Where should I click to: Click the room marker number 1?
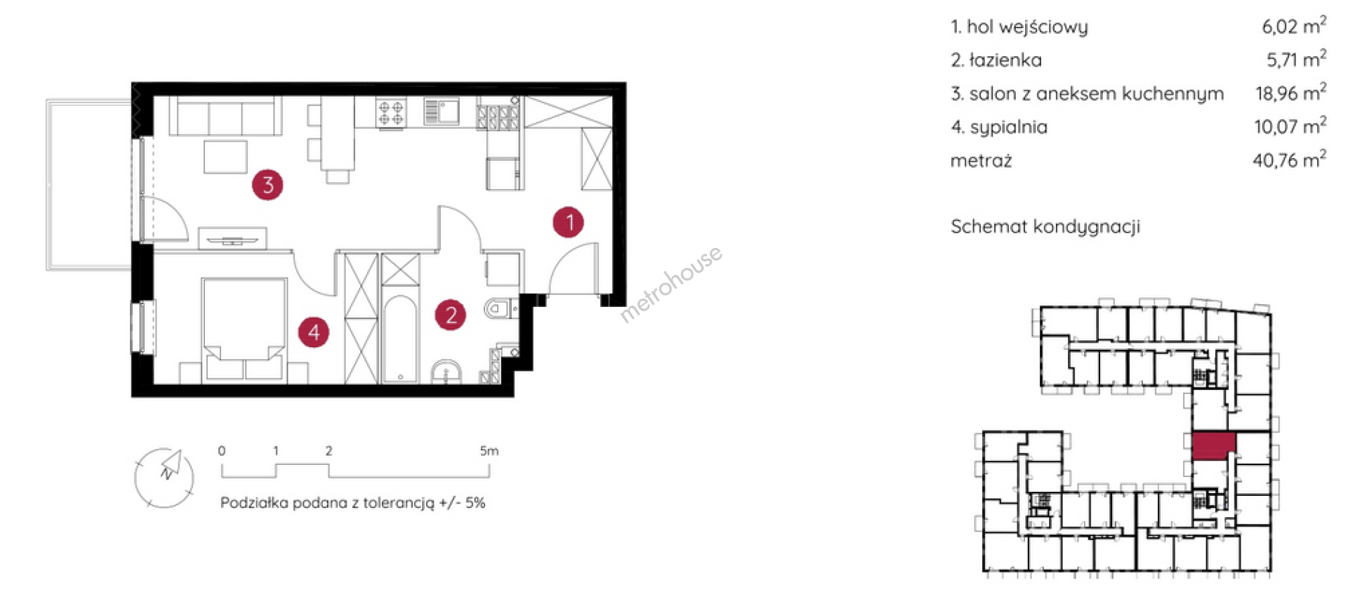point(568,222)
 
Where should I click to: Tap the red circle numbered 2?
point(450,315)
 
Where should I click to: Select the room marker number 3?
point(267,185)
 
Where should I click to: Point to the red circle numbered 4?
point(314,332)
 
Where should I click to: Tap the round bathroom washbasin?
point(446,372)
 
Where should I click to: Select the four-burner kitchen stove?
point(390,113)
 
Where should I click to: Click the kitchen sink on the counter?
point(442,112)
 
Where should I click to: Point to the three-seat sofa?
point(225,115)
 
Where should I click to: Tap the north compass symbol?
point(164,478)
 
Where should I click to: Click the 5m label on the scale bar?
point(489,451)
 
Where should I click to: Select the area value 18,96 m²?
point(1290,93)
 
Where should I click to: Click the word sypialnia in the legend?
point(1008,127)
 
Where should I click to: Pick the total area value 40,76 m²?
point(1289,159)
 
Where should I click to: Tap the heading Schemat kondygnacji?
point(1045,227)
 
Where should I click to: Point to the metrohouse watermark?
point(670,284)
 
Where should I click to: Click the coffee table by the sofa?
point(225,157)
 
